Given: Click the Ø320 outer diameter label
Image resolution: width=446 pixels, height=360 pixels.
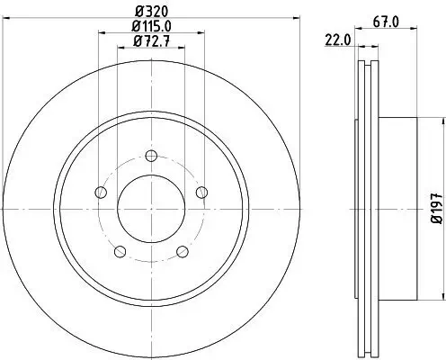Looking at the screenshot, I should coord(150,12).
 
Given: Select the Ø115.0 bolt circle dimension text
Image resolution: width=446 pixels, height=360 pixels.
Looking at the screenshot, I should coord(151,27).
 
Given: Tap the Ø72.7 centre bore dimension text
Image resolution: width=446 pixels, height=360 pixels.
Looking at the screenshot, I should coord(151,40).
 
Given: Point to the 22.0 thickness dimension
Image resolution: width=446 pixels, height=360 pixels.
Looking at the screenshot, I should coord(337,39).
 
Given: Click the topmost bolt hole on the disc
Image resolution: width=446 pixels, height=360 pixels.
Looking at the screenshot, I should coord(151,155).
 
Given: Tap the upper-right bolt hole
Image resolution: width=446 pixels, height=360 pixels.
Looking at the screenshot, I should coord(201,191).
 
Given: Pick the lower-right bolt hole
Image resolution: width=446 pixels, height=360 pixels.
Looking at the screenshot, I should coord(182,251).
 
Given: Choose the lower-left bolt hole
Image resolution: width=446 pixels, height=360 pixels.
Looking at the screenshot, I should coord(120,251).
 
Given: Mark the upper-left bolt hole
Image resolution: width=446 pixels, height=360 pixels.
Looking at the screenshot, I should coord(101,191).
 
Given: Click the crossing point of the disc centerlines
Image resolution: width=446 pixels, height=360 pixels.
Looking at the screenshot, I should coord(151,208).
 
